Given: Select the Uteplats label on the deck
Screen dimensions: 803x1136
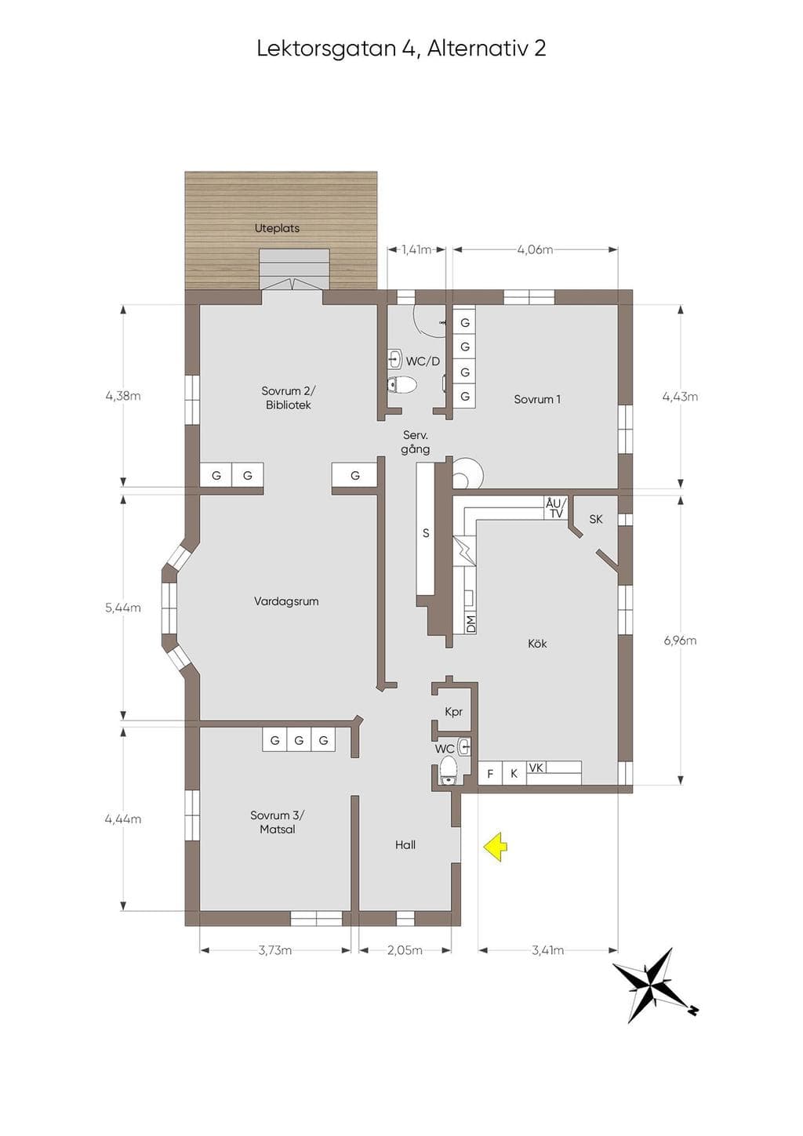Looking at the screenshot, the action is click(x=277, y=228).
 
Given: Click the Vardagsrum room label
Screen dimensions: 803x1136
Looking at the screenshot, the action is click(x=286, y=601).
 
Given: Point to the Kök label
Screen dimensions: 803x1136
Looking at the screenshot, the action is click(x=537, y=644).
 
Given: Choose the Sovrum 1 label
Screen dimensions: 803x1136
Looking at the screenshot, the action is click(x=537, y=399).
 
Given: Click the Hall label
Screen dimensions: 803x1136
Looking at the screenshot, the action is click(x=405, y=844).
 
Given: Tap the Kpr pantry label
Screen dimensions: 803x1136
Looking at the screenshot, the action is click(x=453, y=712).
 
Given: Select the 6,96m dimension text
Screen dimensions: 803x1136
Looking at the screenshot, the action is click(x=680, y=641).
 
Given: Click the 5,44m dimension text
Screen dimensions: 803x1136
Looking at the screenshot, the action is click(x=123, y=608).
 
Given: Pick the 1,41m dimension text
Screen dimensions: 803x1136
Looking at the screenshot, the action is click(x=416, y=249).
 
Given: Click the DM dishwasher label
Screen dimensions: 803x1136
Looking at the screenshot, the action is click(x=471, y=624).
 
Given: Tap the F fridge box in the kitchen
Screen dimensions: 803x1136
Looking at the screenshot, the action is click(x=490, y=774).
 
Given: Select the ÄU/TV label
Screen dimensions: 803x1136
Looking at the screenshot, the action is click(x=556, y=509).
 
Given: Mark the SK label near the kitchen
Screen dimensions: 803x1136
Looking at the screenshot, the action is click(x=596, y=519).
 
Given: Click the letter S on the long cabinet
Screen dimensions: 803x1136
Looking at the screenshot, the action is click(x=426, y=533).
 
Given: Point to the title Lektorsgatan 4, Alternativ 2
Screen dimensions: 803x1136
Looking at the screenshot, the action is click(x=401, y=49).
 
